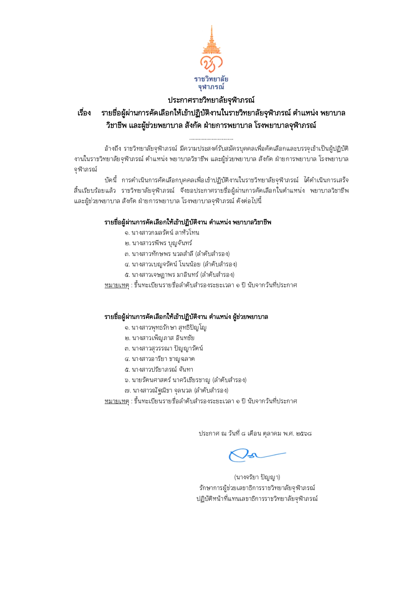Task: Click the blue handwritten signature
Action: (256, 455)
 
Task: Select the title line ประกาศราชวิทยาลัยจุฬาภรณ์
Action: (211, 100)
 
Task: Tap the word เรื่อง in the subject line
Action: (84, 113)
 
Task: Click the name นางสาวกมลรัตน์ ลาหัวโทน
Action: (165, 233)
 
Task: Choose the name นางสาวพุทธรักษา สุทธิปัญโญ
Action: (169, 328)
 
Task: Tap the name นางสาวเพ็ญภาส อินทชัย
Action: (163, 338)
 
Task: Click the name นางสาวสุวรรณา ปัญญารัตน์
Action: (167, 348)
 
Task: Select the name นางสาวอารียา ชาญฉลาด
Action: (163, 359)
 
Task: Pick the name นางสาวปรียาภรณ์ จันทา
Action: (162, 370)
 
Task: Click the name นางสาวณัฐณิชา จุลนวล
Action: (162, 391)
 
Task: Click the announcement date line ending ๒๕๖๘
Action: (255, 434)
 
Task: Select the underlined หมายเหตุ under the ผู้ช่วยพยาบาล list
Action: (117, 401)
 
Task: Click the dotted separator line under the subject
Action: (211, 139)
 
